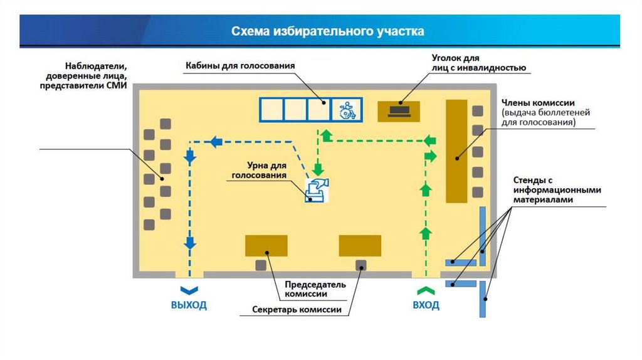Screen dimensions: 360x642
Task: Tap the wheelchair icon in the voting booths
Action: click(346, 110)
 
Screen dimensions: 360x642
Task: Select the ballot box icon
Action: click(317, 189)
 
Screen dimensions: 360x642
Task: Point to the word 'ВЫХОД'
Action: click(189, 305)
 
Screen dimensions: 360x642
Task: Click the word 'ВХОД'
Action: click(426, 305)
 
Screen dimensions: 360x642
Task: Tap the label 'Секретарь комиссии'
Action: click(297, 310)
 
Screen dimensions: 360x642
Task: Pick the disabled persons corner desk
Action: click(399, 111)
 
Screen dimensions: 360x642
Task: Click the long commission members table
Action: click(456, 151)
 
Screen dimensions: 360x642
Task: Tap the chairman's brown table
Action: click(266, 245)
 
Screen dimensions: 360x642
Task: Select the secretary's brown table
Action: click(360, 245)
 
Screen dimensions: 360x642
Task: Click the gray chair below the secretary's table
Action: click(361, 265)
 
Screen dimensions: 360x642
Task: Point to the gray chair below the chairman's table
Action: click(261, 265)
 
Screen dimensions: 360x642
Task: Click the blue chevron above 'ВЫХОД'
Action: click(189, 290)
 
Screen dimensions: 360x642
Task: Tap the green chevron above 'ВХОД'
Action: click(426, 290)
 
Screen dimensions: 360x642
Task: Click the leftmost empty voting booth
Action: click(271, 110)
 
